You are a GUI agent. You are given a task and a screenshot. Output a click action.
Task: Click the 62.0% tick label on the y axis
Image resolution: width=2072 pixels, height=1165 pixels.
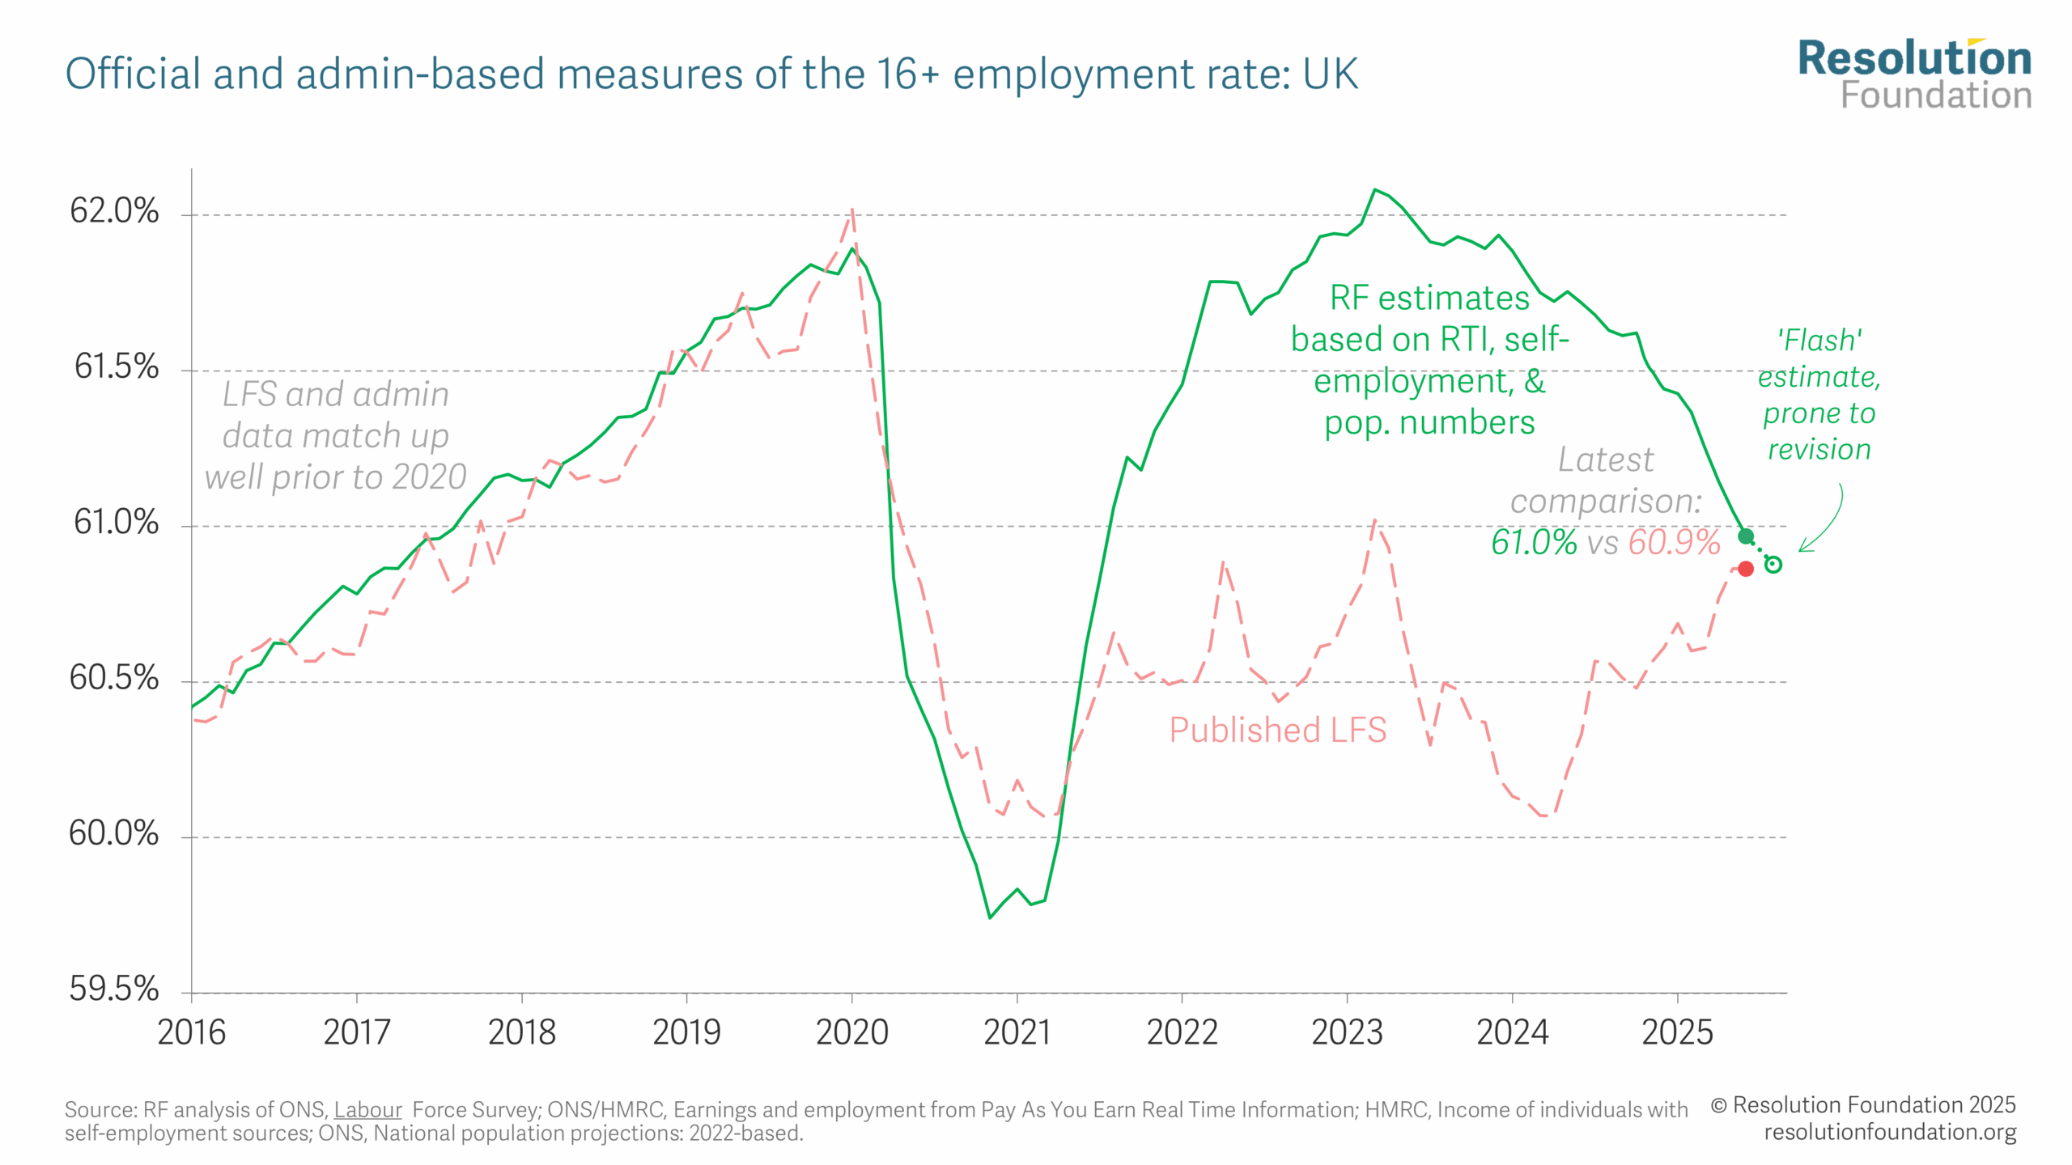tap(114, 211)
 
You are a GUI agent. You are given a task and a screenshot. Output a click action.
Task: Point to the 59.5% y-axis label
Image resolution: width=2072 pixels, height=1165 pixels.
tap(114, 989)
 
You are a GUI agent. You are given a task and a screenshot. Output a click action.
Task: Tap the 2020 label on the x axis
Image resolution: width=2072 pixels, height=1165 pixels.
tap(851, 1033)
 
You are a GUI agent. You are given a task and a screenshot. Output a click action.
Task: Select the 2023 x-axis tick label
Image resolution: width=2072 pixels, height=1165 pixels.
tap(1347, 1033)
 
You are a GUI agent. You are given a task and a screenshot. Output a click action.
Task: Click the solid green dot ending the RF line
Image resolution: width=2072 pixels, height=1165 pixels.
tap(1746, 536)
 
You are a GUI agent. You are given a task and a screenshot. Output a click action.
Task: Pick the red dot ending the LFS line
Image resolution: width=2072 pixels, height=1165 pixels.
tap(1746, 569)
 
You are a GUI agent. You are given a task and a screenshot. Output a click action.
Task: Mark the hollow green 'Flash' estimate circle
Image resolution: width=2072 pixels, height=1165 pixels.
tap(1773, 565)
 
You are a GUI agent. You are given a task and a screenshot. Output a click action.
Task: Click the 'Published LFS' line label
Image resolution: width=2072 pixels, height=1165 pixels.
tap(1277, 730)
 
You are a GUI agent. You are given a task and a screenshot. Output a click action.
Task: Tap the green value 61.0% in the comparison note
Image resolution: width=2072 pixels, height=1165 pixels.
tap(1534, 542)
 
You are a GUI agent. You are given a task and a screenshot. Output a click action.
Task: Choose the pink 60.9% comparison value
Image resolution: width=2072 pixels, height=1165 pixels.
tap(1674, 542)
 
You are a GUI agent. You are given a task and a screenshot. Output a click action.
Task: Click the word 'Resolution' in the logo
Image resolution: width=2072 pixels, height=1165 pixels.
tap(1914, 59)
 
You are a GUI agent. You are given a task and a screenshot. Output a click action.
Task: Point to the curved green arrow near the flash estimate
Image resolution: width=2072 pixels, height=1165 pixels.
tap(1828, 522)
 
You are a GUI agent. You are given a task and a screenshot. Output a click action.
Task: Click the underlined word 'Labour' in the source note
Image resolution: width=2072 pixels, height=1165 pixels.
tap(367, 1109)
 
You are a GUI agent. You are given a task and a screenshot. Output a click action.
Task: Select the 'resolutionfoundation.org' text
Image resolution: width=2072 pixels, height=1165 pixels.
tap(1890, 1132)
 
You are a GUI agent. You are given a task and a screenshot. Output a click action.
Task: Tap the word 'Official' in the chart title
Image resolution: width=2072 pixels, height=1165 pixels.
tap(133, 74)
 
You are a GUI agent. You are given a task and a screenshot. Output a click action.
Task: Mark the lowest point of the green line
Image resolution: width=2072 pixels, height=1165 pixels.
tap(990, 917)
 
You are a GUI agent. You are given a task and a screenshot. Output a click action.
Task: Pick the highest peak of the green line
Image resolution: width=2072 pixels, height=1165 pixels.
tap(1374, 190)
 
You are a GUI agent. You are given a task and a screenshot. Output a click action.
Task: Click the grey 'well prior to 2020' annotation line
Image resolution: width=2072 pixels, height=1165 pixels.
tap(335, 477)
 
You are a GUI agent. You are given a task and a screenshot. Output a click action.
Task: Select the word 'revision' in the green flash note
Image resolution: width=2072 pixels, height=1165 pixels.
tap(1819, 449)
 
